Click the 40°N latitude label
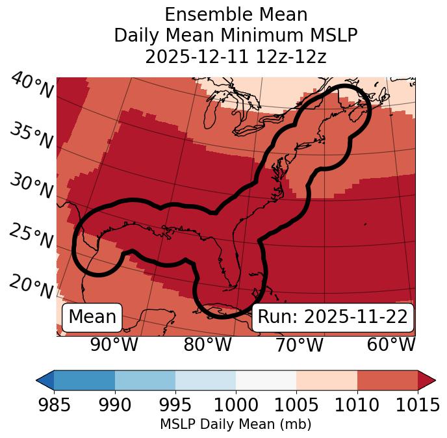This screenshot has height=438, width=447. point(32,86)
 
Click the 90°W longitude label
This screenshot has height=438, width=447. point(114,344)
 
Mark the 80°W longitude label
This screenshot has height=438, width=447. point(207,344)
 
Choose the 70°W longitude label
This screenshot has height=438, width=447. point(299,344)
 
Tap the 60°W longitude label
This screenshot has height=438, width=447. point(391,344)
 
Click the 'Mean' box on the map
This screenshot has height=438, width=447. point(92,317)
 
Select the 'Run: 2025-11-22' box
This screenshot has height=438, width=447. point(333,317)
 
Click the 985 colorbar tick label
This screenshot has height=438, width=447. point(54,406)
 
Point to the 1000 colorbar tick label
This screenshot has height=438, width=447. point(236,406)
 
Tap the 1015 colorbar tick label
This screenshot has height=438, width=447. point(417,406)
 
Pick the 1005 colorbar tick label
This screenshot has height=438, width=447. point(296,406)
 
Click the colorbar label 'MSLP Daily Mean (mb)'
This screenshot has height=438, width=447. point(236,425)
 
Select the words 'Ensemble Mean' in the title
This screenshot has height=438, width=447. point(236,14)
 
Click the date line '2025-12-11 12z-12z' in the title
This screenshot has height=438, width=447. point(236,57)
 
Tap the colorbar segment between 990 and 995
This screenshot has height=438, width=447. point(145,380)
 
